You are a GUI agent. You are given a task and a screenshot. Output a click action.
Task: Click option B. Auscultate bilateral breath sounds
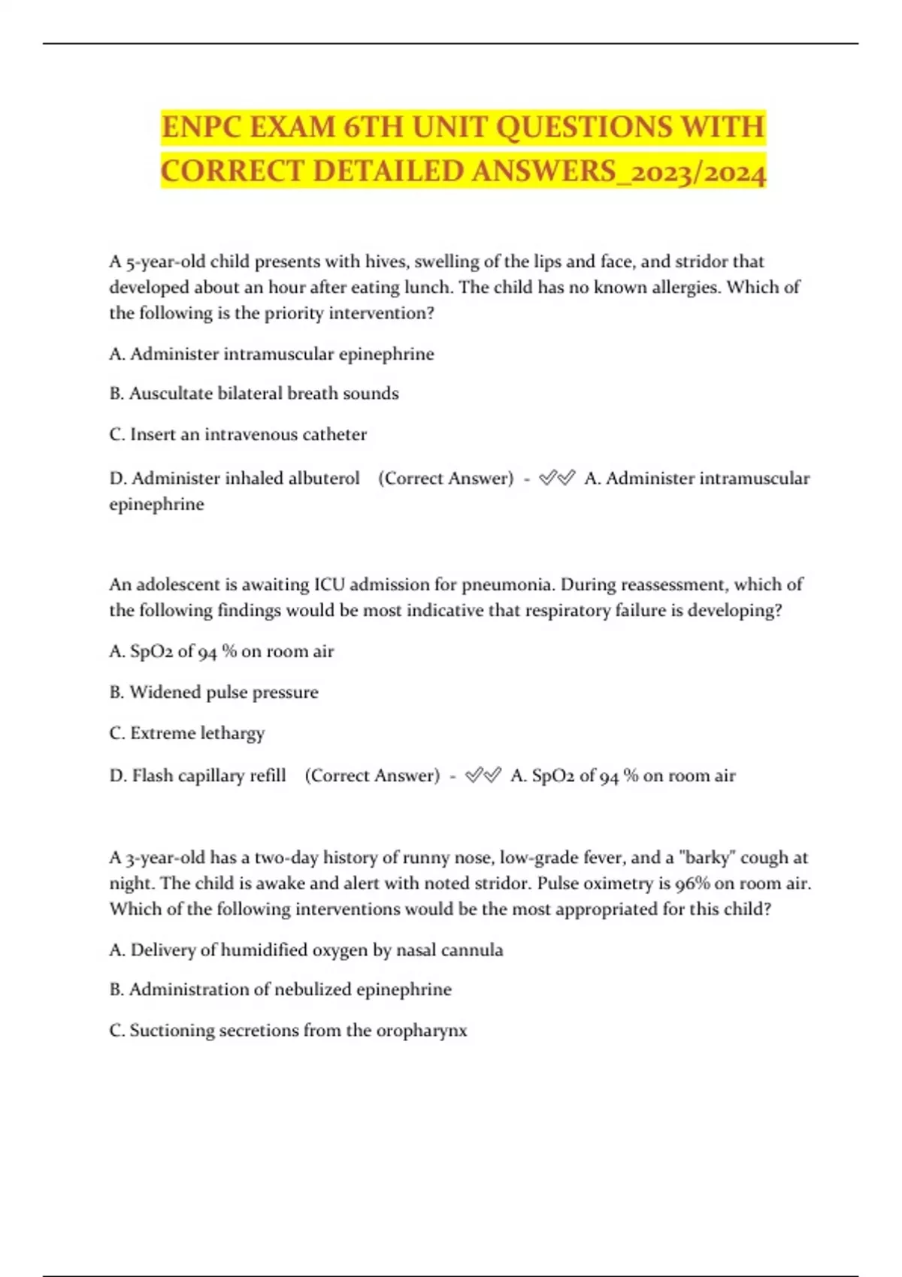254,394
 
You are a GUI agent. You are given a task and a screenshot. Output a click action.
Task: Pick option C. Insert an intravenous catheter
238,434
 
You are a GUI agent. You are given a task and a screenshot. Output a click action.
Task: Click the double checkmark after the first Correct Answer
557,478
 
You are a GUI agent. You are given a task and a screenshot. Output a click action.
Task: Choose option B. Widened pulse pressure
213,692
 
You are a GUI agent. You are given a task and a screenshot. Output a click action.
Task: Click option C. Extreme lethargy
186,733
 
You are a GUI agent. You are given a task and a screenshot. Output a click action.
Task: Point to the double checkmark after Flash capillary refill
483,775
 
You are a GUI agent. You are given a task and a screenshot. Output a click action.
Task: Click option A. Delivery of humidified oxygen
306,950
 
